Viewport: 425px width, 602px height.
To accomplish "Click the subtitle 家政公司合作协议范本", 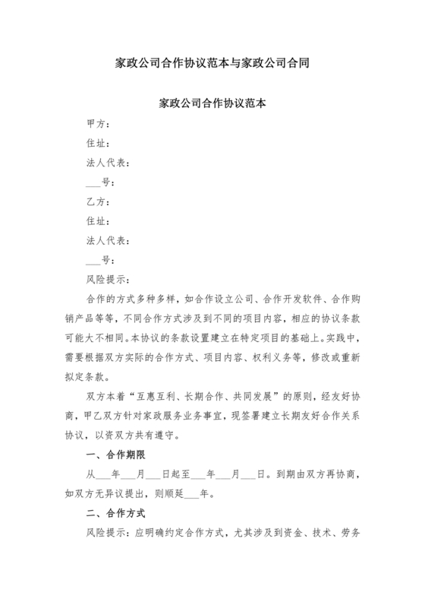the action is point(212,103).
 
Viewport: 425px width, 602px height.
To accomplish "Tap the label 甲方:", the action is point(99,123).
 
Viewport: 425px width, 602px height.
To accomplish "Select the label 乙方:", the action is point(99,202).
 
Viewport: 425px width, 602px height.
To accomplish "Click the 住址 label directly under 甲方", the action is point(99,143).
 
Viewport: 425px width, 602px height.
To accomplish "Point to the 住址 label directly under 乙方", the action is point(99,221).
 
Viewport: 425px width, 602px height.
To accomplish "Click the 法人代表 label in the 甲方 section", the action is point(109,163).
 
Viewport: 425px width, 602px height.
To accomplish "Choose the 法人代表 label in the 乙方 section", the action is point(109,241).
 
